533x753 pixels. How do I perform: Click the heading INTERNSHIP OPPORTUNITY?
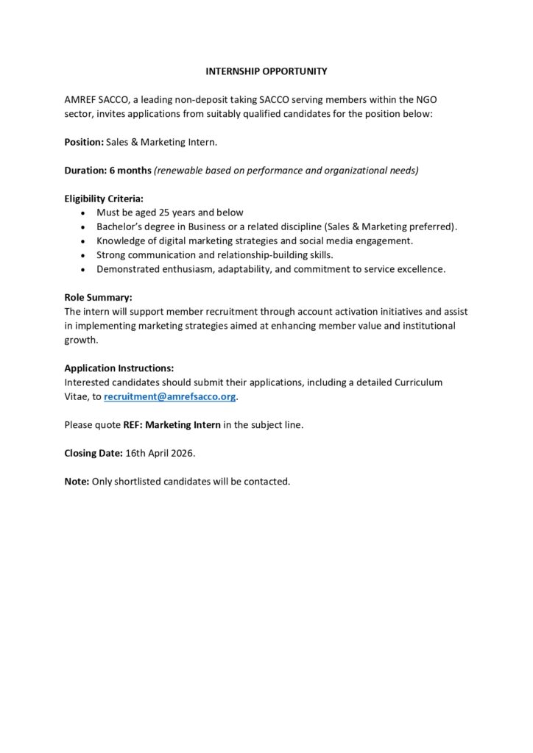click(x=266, y=71)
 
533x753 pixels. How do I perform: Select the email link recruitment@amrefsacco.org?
click(x=171, y=396)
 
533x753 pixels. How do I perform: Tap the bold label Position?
click(x=84, y=142)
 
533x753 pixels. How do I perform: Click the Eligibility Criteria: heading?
click(x=104, y=199)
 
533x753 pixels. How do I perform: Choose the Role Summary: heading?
click(x=99, y=298)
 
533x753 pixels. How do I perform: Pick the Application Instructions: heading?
click(x=119, y=368)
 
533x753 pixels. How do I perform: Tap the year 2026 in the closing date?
click(x=181, y=453)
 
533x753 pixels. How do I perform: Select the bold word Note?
click(x=77, y=482)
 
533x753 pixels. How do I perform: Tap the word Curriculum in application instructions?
click(x=417, y=382)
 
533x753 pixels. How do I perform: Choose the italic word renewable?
click(x=178, y=170)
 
